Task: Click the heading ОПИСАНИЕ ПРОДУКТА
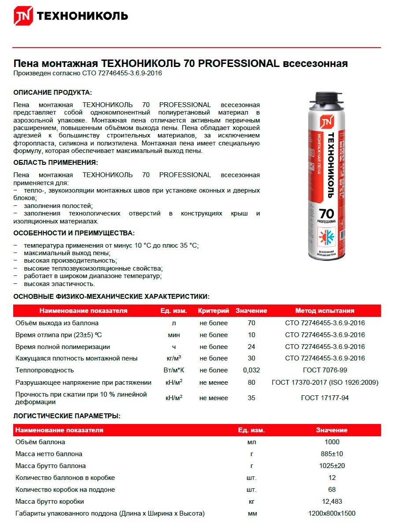pyautogui.click(x=53, y=93)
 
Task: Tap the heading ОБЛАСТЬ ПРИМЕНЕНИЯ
pyautogui.click(x=56, y=163)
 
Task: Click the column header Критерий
pyautogui.click(x=214, y=311)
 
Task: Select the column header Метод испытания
pyautogui.click(x=325, y=311)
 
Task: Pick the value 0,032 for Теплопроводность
pyautogui.click(x=252, y=370)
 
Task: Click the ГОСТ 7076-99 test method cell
pyautogui.click(x=325, y=370)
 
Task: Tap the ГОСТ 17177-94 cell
pyautogui.click(x=325, y=398)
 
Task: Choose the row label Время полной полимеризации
pyautogui.click(x=63, y=347)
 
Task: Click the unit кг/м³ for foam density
pyautogui.click(x=174, y=358)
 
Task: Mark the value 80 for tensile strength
pyautogui.click(x=252, y=383)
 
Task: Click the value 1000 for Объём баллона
pyautogui.click(x=332, y=442)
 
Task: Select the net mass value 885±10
pyautogui.click(x=332, y=454)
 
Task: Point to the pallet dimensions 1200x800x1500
pyautogui.click(x=332, y=513)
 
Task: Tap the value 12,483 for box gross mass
pyautogui.click(x=332, y=502)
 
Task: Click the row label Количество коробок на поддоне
pyautogui.click(x=65, y=490)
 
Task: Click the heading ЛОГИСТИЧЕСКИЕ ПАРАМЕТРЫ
pyautogui.click(x=67, y=416)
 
